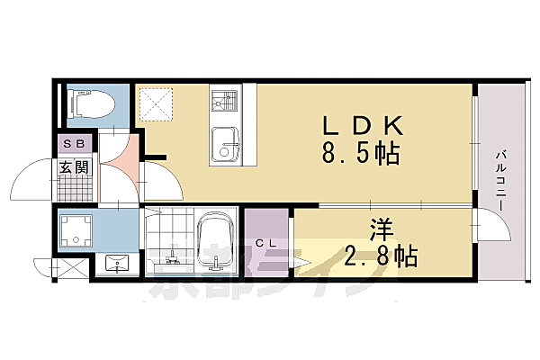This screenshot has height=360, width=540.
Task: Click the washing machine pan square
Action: [76, 231]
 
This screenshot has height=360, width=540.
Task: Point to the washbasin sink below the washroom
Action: [116, 264]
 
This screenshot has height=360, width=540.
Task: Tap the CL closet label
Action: [265, 243]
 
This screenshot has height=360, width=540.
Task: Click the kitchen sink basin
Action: [225, 145]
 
